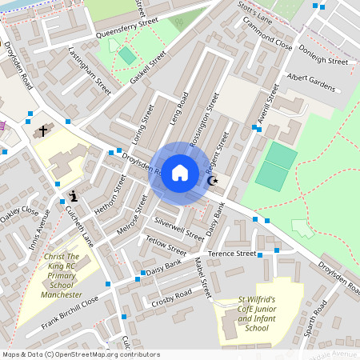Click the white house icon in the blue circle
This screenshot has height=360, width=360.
[180, 172]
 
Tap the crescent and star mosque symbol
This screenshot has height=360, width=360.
[213, 182]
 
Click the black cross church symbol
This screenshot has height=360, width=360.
[42, 130]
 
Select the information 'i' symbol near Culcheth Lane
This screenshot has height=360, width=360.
[74, 195]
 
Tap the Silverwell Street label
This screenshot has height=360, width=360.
[180, 226]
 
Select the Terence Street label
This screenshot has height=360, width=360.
[231, 254]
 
